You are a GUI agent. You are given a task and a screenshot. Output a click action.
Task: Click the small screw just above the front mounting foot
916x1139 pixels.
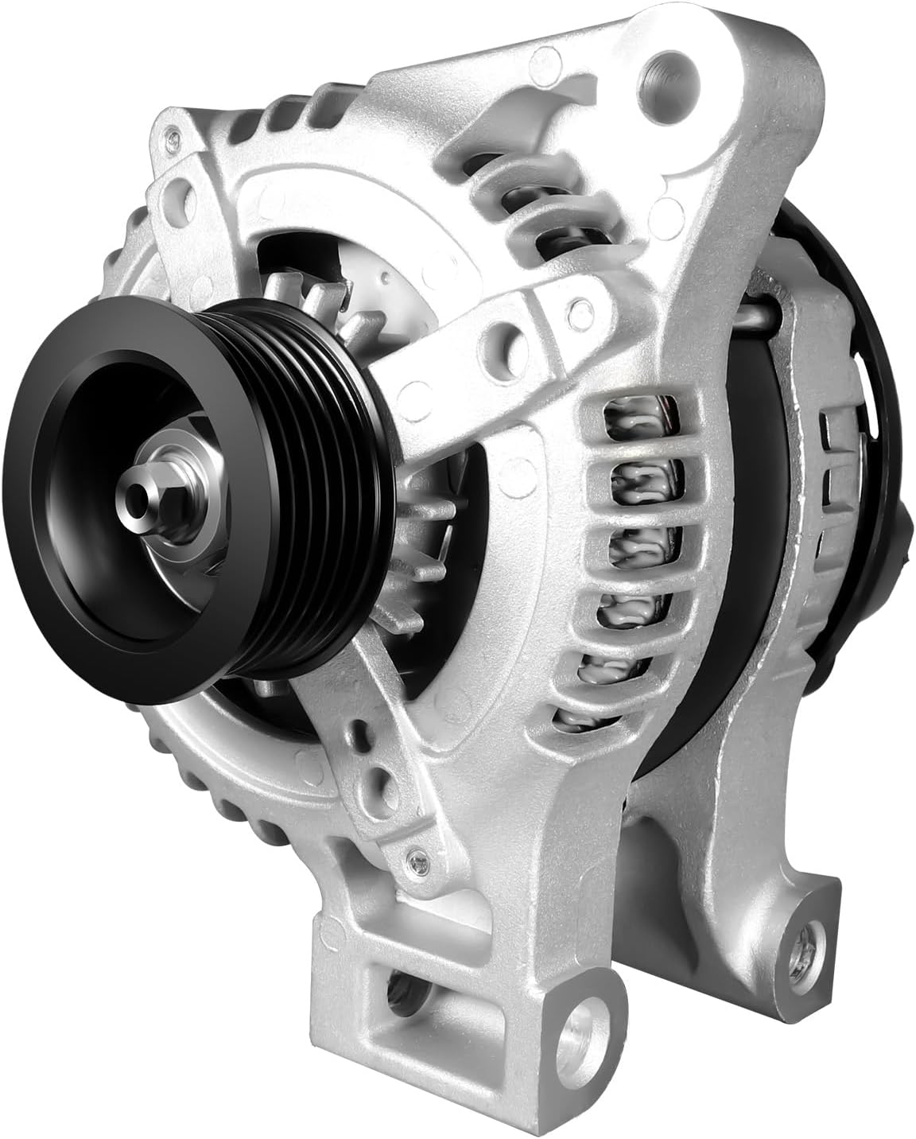coord(413,858)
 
